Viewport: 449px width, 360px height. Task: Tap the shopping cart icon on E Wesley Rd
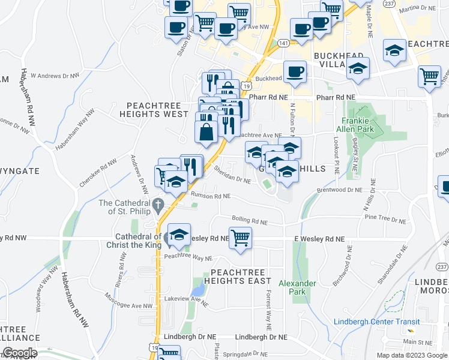241,238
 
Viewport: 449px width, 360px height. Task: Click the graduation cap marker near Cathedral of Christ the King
179,235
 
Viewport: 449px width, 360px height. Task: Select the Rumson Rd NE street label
210,196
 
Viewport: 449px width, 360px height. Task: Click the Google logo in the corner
19,353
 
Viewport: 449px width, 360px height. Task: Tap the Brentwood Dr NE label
340,190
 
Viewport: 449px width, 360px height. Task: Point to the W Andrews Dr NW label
55,76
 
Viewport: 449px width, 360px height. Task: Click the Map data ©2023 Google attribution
412,355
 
